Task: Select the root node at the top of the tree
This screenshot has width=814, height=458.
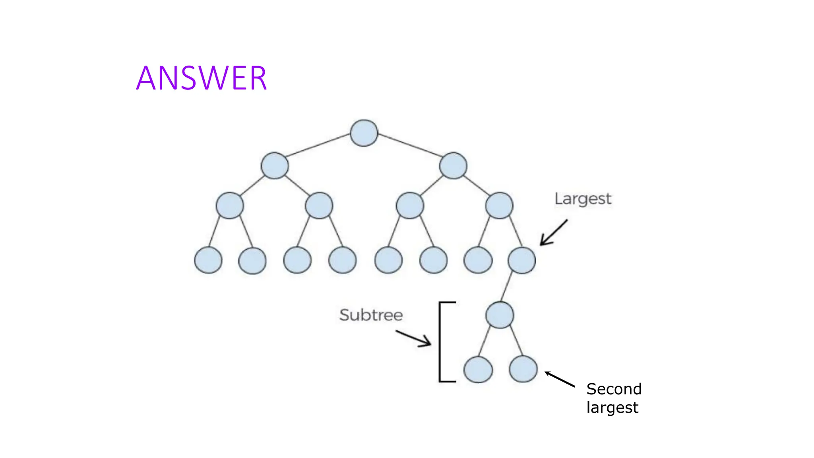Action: tap(364, 133)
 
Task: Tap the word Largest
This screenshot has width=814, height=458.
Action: tap(583, 199)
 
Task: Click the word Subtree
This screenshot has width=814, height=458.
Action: tap(371, 315)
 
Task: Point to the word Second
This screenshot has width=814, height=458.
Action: tap(614, 389)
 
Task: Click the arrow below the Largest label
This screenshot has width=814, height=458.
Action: tap(553, 233)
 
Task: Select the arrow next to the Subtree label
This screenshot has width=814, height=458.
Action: tap(413, 338)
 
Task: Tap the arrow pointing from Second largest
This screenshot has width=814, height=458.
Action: tap(560, 379)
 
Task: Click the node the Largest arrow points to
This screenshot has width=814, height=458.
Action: tap(521, 260)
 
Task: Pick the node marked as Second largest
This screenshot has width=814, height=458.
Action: tap(523, 369)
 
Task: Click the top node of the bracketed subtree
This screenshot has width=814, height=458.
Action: tap(500, 315)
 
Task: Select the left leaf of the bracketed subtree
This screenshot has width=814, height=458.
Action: tap(478, 369)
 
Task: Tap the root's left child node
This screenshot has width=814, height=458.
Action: tap(275, 165)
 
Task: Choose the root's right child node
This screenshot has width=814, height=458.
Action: tap(453, 165)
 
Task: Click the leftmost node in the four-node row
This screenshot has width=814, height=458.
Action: tap(230, 206)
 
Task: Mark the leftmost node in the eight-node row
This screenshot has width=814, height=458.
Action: tap(208, 260)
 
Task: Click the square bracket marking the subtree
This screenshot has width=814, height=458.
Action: tap(440, 342)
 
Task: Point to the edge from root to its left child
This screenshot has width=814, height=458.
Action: tap(318, 145)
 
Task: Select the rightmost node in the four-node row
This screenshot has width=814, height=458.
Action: tap(499, 206)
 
